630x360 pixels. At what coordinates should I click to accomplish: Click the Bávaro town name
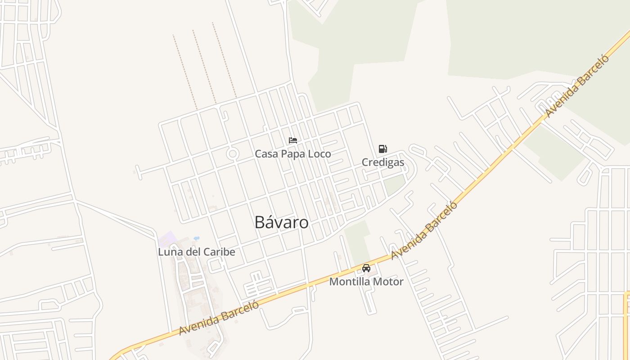point(281,222)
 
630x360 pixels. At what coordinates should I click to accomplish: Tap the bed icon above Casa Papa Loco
point(293,140)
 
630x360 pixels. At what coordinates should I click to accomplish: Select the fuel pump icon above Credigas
point(382,149)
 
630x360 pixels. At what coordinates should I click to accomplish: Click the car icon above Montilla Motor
point(366,268)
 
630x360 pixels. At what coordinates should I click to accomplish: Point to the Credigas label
point(383,162)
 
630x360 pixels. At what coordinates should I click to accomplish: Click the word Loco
point(318,154)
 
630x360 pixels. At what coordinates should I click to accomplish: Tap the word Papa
point(291,154)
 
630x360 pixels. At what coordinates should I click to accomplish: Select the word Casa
point(266,154)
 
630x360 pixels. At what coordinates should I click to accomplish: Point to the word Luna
point(170,252)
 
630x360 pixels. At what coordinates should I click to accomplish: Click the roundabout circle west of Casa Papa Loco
point(233,154)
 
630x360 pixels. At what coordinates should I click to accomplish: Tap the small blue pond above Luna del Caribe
point(196,238)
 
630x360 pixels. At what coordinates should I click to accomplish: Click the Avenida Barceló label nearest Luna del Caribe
point(219,318)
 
